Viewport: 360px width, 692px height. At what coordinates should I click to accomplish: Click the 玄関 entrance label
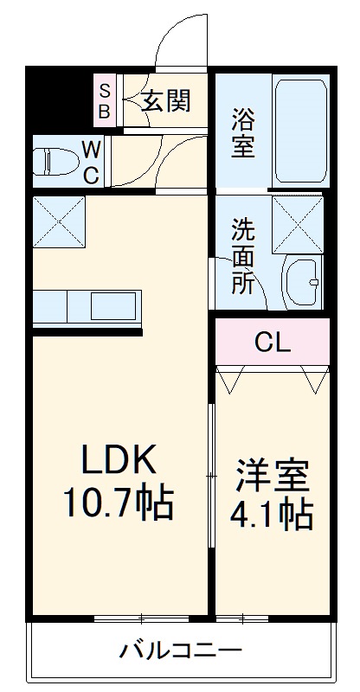(165, 100)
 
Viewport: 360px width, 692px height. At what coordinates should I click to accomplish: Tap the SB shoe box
(104, 100)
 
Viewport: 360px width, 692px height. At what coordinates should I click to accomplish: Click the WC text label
(92, 161)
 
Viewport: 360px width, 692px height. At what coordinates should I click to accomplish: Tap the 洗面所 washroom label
(243, 257)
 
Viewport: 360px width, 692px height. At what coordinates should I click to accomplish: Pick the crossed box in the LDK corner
(59, 222)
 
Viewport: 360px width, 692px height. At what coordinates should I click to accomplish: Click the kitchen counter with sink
(87, 307)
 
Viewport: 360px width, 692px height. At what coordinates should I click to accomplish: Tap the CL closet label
(272, 342)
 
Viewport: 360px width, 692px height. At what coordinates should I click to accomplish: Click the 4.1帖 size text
(271, 516)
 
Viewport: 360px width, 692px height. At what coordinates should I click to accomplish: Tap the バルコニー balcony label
(181, 649)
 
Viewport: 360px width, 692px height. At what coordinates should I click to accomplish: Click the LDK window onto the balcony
(141, 618)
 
